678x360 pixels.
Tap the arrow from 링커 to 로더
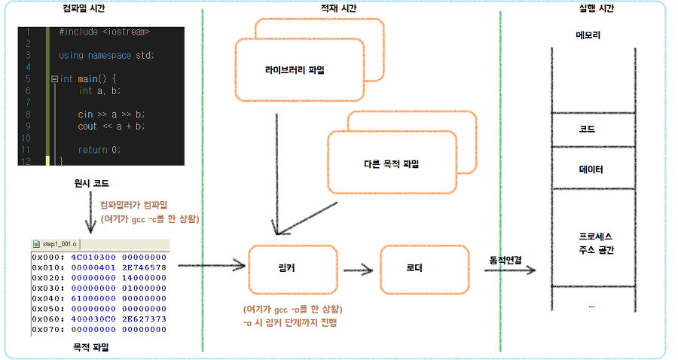click(359, 270)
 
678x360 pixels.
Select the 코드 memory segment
click(588, 130)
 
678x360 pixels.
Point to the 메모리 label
click(588, 35)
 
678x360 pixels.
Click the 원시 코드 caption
click(92, 183)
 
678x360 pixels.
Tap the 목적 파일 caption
click(90, 347)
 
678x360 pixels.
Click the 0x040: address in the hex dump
click(48, 298)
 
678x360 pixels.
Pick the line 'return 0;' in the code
click(99, 149)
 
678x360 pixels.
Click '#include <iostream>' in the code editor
click(104, 32)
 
